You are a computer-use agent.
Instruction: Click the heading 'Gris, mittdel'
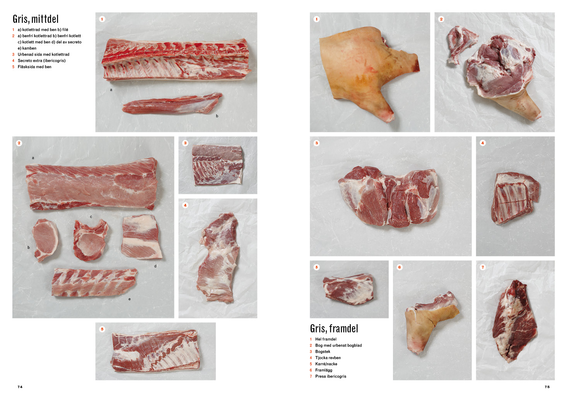pyautogui.click(x=36, y=19)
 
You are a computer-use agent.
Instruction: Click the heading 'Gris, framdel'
pyautogui.click(x=334, y=328)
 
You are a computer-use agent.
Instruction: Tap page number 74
pyautogui.click(x=20, y=387)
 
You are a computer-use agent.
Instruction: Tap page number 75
pyautogui.click(x=547, y=387)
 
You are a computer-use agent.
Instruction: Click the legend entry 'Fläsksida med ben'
pyautogui.click(x=34, y=67)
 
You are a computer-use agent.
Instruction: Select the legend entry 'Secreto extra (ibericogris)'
pyautogui.click(x=41, y=60)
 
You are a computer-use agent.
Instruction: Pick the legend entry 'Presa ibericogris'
pyautogui.click(x=331, y=376)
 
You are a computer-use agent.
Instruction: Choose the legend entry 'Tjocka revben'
pyautogui.click(x=328, y=358)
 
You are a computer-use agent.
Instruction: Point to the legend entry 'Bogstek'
pyautogui.click(x=323, y=352)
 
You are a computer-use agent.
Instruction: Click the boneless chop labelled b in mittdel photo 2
pyautogui.click(x=46, y=239)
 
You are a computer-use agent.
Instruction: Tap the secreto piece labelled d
pyautogui.click(x=142, y=237)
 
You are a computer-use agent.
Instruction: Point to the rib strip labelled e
pyautogui.click(x=94, y=282)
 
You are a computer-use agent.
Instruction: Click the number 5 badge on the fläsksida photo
pyautogui.click(x=102, y=329)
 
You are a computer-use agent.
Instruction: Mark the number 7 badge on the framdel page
pyautogui.click(x=483, y=267)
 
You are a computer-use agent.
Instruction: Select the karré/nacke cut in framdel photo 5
pyautogui.click(x=348, y=289)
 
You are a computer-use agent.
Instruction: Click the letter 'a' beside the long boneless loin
pyautogui.click(x=33, y=158)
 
